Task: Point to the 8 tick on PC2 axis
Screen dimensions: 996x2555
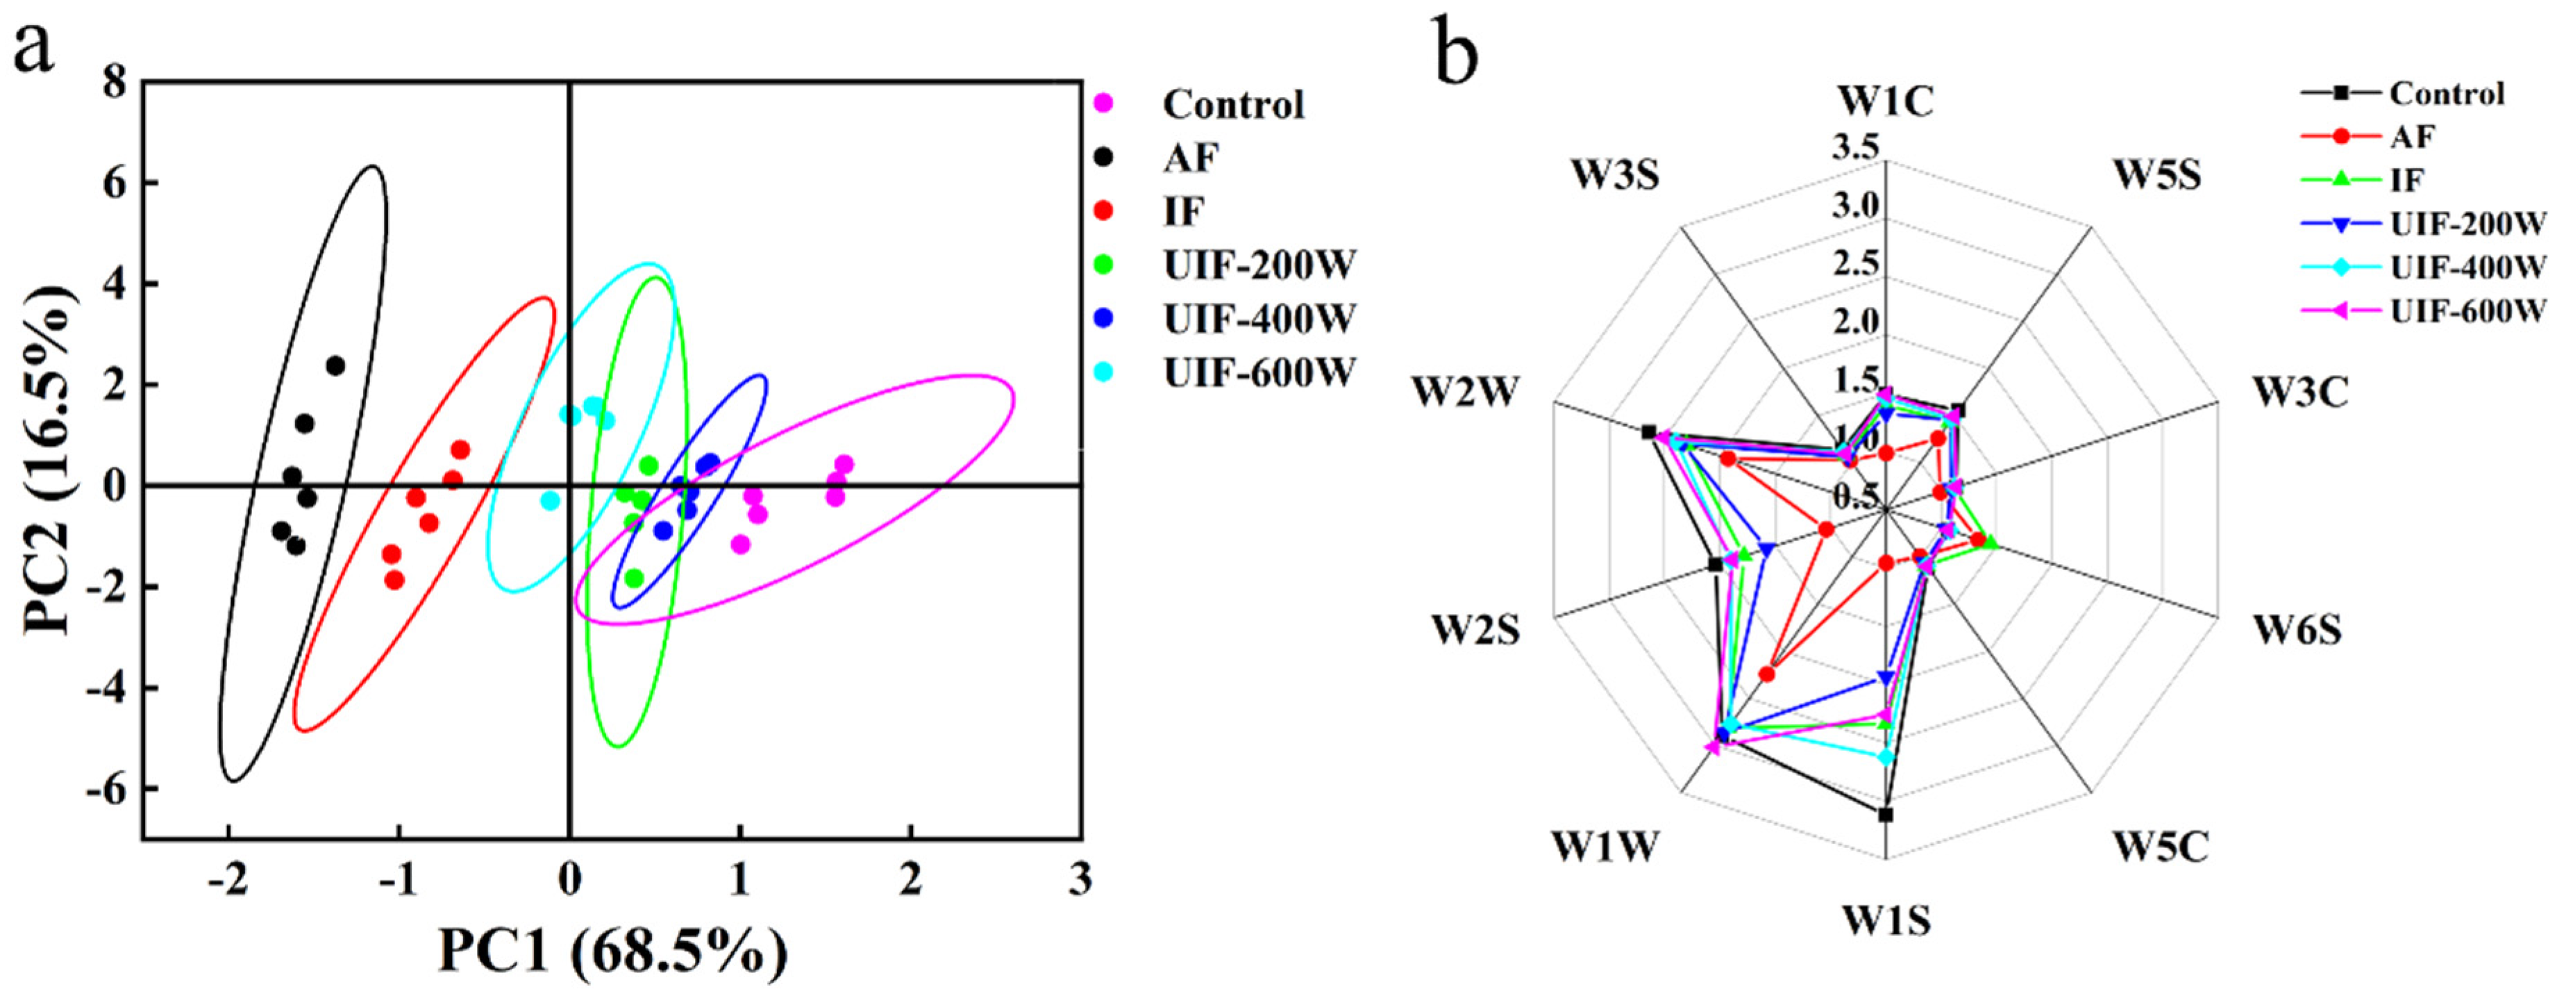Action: (x=117, y=83)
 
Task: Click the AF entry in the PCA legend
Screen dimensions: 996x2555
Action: (x=1191, y=157)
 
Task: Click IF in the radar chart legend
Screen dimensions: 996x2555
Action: (x=2407, y=180)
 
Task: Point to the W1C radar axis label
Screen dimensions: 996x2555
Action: (x=1886, y=101)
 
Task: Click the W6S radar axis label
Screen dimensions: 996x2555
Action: (x=2297, y=630)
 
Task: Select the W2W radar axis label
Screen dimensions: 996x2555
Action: (x=1465, y=393)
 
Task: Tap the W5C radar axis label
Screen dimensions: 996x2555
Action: (x=2159, y=848)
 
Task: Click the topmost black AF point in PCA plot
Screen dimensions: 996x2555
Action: (x=335, y=366)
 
